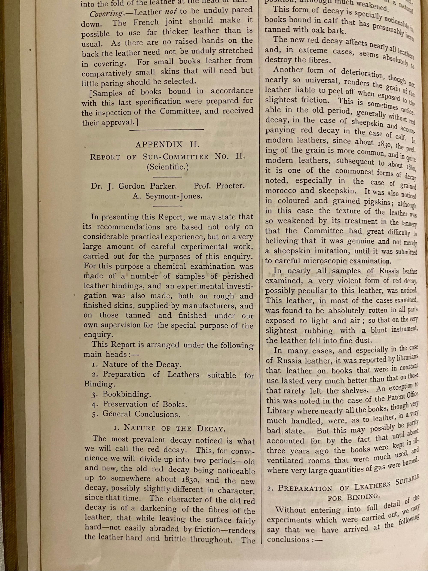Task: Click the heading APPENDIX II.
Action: [x=167, y=144]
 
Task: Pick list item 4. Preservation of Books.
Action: [x=139, y=404]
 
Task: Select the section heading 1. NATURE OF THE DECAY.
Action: [x=170, y=428]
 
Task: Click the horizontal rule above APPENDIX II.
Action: [x=167, y=130]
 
